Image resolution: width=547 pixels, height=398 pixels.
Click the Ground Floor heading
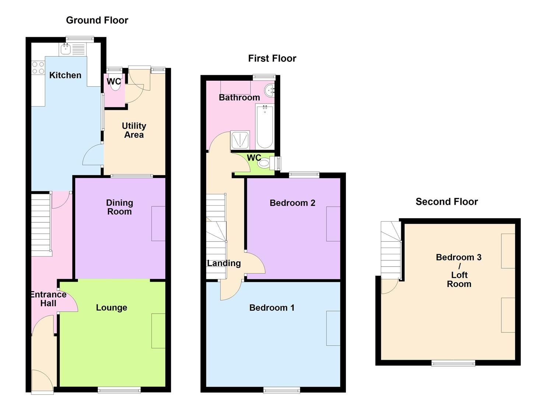point(97,20)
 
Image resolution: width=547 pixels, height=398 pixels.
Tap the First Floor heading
point(272,58)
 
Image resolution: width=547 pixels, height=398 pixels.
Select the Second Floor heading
point(446,202)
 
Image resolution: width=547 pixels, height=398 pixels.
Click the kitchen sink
point(66,49)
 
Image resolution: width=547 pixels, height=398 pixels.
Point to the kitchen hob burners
point(38,68)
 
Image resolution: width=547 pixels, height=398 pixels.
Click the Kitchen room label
point(65,75)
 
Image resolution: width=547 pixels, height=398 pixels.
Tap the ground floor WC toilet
point(115,85)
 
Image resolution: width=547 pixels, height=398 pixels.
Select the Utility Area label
point(134,130)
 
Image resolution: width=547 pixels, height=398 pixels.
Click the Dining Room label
point(119,207)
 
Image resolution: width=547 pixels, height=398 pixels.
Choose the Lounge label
point(111,307)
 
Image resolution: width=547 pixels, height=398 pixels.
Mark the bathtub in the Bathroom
point(264,126)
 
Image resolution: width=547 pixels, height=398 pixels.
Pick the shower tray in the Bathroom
point(240,140)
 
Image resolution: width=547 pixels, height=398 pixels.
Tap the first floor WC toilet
point(264,163)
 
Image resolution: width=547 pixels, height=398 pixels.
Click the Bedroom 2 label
point(292,203)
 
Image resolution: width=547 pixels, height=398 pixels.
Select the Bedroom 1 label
point(271,308)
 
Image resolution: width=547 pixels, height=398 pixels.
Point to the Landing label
point(224,263)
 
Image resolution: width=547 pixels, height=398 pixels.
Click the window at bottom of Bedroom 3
point(453,363)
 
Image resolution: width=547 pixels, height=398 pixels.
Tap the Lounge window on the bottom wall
point(119,390)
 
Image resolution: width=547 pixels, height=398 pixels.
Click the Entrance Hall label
point(48,299)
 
